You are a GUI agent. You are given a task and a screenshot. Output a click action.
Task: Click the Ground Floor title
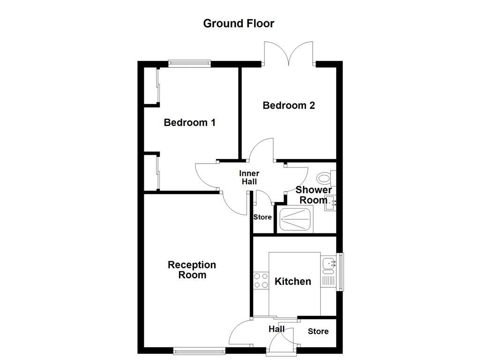[239, 23]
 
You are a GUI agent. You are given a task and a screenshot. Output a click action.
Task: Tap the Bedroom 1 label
[189, 123]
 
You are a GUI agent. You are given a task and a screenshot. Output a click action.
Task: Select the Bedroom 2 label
[288, 105]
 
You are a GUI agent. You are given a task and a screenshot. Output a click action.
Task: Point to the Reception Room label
[192, 270]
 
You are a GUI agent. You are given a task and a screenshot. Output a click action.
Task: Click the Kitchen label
[292, 282]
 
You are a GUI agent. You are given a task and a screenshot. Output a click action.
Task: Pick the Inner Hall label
[249, 178]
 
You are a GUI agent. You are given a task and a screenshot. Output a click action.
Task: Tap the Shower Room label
[313, 195]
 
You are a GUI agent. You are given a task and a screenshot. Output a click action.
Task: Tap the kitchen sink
[328, 264]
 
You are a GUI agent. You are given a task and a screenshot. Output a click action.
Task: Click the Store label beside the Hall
[318, 332]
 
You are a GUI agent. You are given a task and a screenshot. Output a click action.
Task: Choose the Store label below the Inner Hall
[262, 217]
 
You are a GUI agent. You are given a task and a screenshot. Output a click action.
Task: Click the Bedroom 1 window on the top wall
[189, 63]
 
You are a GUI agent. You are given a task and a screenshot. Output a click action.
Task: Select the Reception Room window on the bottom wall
[199, 349]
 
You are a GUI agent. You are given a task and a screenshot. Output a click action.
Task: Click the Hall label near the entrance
[276, 329]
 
